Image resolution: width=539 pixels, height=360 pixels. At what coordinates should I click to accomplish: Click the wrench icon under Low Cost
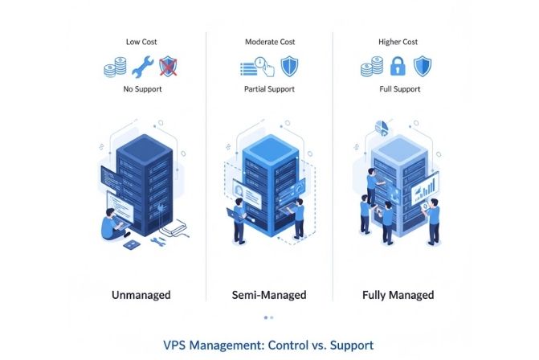click(142, 66)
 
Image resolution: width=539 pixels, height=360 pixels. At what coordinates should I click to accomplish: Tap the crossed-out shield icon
click(167, 66)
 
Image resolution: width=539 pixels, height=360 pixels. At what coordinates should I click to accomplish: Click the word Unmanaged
click(141, 295)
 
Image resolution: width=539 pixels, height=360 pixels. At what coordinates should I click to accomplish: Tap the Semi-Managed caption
click(269, 295)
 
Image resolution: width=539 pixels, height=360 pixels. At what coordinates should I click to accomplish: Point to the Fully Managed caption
click(399, 295)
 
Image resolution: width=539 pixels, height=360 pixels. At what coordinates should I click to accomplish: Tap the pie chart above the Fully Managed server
click(381, 128)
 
